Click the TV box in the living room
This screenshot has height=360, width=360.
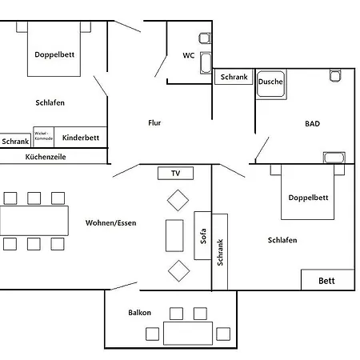pos(175,173)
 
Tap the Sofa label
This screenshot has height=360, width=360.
pos(203,236)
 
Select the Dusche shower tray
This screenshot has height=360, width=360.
pos(270,84)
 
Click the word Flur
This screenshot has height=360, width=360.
pos(154,122)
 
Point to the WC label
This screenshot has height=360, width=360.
pos(189,55)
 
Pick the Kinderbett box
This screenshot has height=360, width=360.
pos(81,137)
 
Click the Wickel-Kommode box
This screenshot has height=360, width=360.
pos(43,137)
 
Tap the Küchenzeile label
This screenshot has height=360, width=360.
pos(46,157)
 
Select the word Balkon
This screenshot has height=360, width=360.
pos(139,312)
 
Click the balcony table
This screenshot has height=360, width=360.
pos(188,334)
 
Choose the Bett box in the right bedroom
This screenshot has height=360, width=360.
pos(328,280)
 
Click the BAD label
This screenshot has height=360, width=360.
pos(312,123)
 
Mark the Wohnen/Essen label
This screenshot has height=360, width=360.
pos(111,222)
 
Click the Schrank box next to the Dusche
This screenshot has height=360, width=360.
pos(234,77)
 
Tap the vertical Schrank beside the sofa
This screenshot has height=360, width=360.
pos(220,252)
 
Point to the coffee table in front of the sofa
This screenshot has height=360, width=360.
pos(174,236)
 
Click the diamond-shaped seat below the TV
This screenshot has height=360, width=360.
pos(178,200)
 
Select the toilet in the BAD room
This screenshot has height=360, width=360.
pos(335,75)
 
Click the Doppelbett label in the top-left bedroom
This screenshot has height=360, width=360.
pos(54,54)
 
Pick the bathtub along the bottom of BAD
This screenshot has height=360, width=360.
pos(334,158)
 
